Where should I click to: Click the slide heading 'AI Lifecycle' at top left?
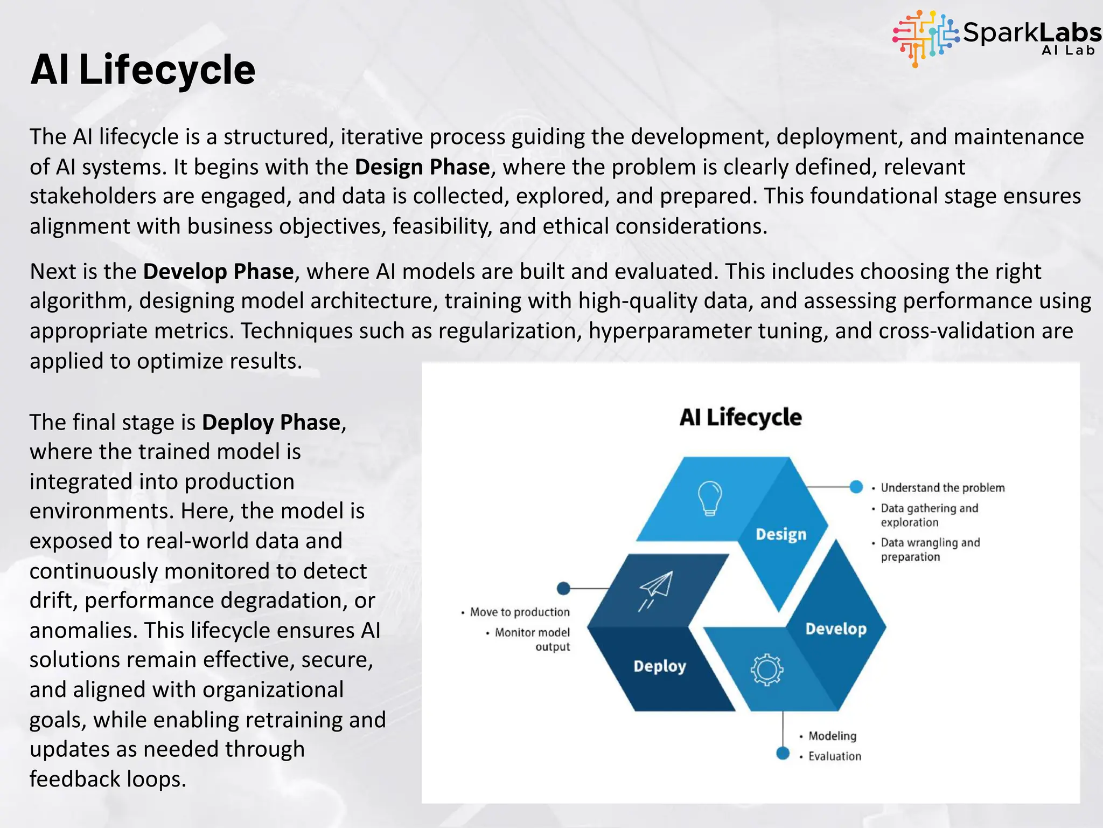[x=143, y=70]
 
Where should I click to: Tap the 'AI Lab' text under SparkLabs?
[x=1068, y=51]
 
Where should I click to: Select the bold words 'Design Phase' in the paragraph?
[x=422, y=167]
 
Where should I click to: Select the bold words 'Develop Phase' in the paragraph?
[x=218, y=271]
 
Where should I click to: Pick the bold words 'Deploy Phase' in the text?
[x=271, y=422]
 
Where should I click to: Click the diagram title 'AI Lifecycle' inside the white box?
[x=740, y=417]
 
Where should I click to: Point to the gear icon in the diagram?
[x=766, y=670]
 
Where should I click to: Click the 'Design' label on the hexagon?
[x=781, y=534]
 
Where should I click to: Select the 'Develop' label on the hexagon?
[x=836, y=629]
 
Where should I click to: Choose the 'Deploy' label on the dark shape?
[x=659, y=666]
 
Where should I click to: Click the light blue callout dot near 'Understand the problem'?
[x=856, y=487]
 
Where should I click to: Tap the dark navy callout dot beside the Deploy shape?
[x=563, y=588]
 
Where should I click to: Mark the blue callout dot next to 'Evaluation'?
[x=783, y=753]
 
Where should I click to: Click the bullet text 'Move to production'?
[x=519, y=612]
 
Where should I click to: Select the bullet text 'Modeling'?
[x=832, y=736]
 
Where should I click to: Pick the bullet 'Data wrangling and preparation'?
[x=930, y=549]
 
